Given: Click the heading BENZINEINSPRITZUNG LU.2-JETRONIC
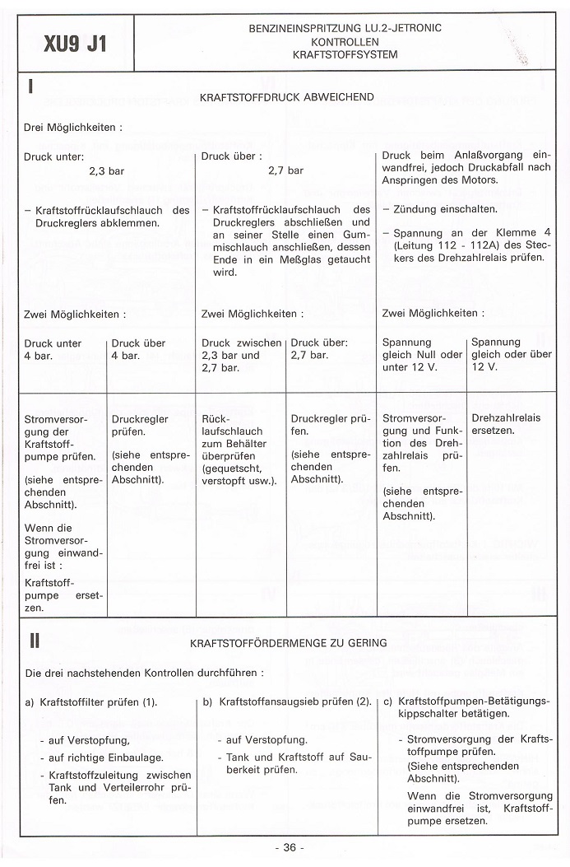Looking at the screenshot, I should pyautogui.click(x=345, y=28).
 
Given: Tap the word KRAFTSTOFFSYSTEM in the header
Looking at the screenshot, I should pyautogui.click(x=345, y=54).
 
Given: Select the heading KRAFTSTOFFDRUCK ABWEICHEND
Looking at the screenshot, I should pyautogui.click(x=287, y=97).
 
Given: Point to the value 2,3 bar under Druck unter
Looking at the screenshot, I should pyautogui.click(x=106, y=171).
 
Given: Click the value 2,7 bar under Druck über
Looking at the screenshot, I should pyautogui.click(x=285, y=171).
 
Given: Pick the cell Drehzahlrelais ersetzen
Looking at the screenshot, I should pyautogui.click(x=506, y=424).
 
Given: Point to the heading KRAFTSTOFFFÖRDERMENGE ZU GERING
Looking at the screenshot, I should pyautogui.click(x=288, y=642).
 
